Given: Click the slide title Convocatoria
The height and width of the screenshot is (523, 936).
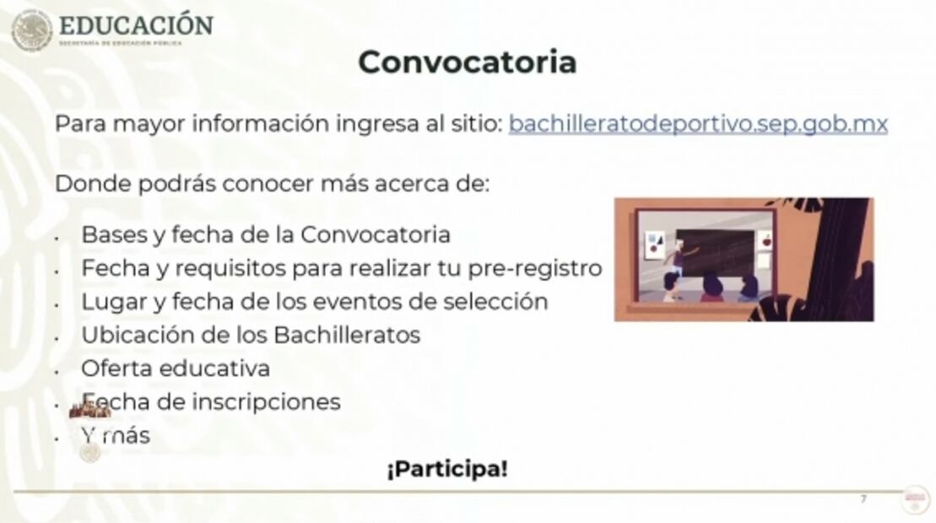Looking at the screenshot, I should click(x=467, y=62).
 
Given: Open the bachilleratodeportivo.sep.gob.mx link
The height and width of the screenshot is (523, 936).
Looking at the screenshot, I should click(x=698, y=124).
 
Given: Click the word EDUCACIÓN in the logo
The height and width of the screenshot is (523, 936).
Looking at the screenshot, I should click(x=136, y=24).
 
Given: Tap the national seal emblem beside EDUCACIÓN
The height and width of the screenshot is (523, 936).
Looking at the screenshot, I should click(x=31, y=30).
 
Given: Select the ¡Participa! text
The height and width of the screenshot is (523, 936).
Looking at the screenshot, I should click(x=447, y=469).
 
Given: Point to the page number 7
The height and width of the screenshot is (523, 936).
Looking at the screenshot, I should click(x=863, y=499).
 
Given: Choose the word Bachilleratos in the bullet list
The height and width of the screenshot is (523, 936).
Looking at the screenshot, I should click(x=347, y=334).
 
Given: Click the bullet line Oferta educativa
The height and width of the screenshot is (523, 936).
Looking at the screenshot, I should click(x=176, y=368).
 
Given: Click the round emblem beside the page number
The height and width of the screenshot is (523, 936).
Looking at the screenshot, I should click(x=914, y=498).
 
